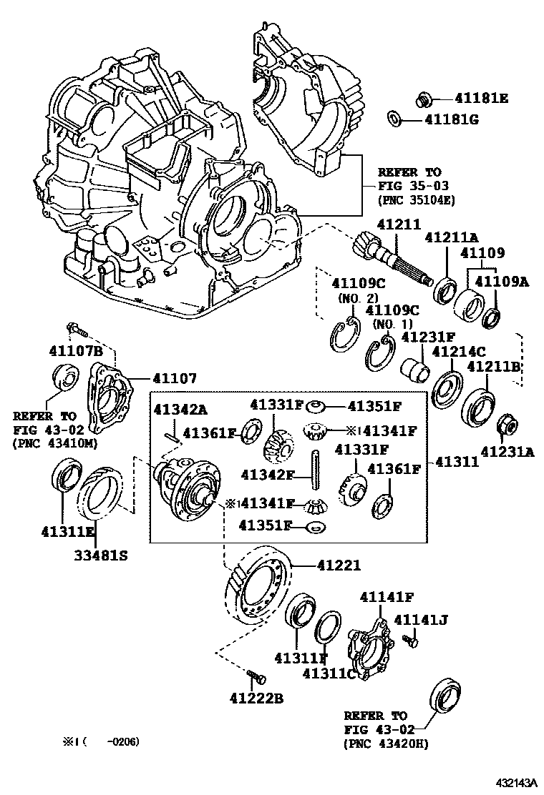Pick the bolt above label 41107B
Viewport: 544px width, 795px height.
(x=76, y=330)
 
